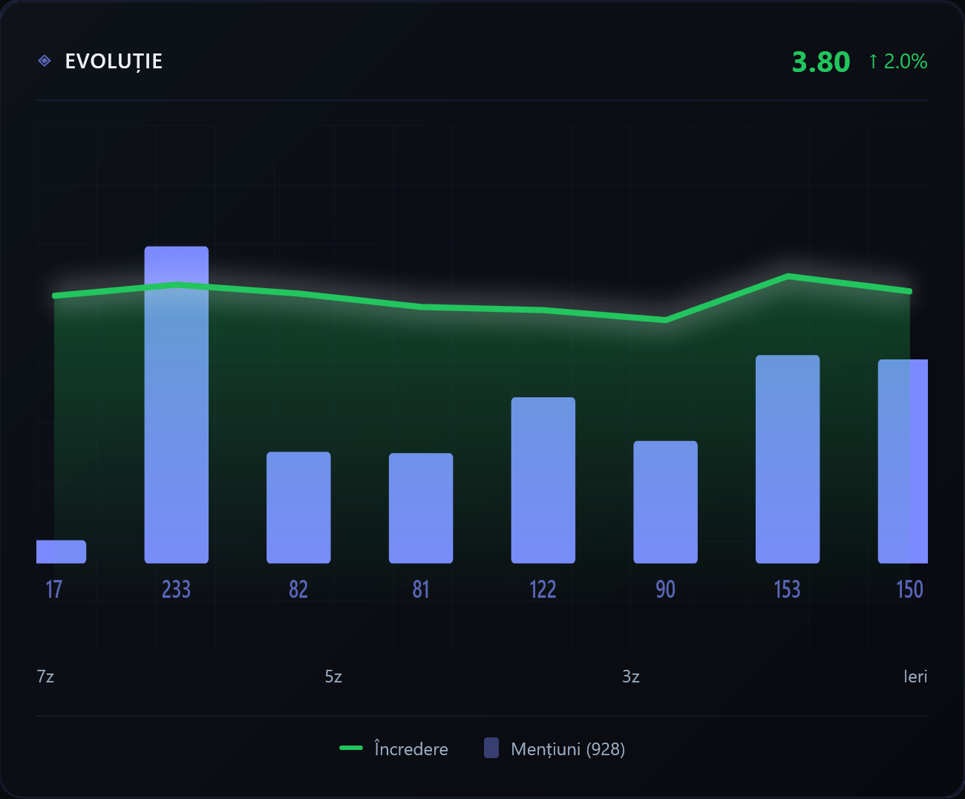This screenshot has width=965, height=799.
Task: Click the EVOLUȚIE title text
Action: coord(114,61)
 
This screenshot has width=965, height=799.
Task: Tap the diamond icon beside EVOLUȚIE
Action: coord(45,61)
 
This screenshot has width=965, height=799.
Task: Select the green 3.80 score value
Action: coord(821,62)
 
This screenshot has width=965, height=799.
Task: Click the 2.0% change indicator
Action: coord(898,62)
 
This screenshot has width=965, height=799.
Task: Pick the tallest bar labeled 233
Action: coord(177,405)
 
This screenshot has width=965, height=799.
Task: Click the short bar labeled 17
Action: coord(61,552)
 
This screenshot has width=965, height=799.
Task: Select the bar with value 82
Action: coord(298,507)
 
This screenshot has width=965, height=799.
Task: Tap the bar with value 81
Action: coord(421,508)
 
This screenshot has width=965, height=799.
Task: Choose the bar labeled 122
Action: coord(543,480)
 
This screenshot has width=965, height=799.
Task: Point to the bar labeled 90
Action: coord(665,502)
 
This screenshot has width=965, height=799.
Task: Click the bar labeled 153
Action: coord(788,459)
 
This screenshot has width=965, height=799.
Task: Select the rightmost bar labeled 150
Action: coord(903,461)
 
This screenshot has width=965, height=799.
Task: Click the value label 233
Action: coord(177,590)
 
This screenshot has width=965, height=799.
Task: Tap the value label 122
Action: coord(543,590)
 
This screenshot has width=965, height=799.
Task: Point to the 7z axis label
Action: coord(45,676)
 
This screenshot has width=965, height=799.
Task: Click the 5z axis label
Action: coord(333,676)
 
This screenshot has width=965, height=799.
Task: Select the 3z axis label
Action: coord(631,676)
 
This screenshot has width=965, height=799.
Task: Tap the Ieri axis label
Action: coord(915,676)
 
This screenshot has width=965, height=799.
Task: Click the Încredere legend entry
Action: coord(393,749)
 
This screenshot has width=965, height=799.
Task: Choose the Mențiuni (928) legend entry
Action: coord(555,749)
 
